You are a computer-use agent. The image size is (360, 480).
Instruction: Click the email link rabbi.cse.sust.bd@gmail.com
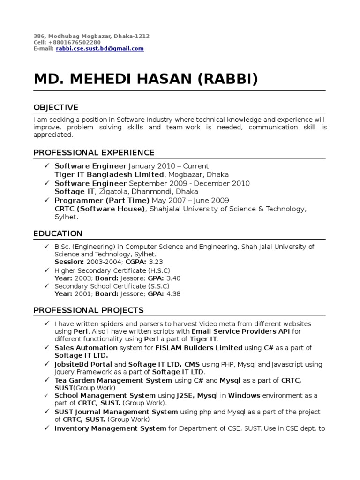(x=100, y=49)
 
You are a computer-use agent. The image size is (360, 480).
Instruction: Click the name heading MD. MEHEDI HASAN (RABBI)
(x=146, y=79)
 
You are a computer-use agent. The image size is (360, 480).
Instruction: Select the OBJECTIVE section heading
(x=56, y=108)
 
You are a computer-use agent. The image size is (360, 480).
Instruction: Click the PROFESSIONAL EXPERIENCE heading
(x=94, y=152)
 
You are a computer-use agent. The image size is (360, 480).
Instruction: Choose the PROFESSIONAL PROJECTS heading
(x=89, y=310)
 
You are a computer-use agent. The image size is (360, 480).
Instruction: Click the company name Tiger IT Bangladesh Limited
(x=109, y=174)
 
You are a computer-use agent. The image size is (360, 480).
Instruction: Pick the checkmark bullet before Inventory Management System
(x=47, y=428)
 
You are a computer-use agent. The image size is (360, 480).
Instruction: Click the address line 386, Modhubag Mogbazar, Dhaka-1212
(x=91, y=36)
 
